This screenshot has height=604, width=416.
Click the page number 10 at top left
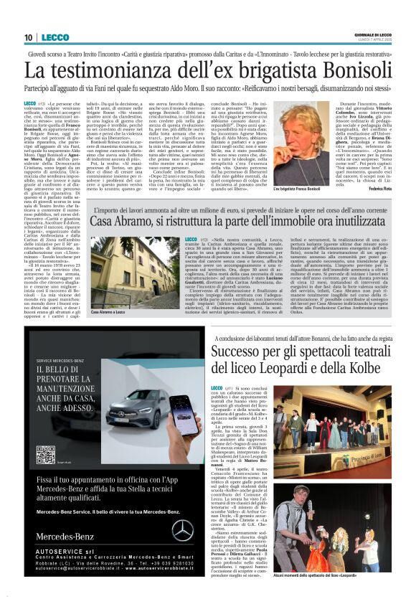tap(27, 37)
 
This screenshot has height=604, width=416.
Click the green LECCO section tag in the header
tap(55, 37)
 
